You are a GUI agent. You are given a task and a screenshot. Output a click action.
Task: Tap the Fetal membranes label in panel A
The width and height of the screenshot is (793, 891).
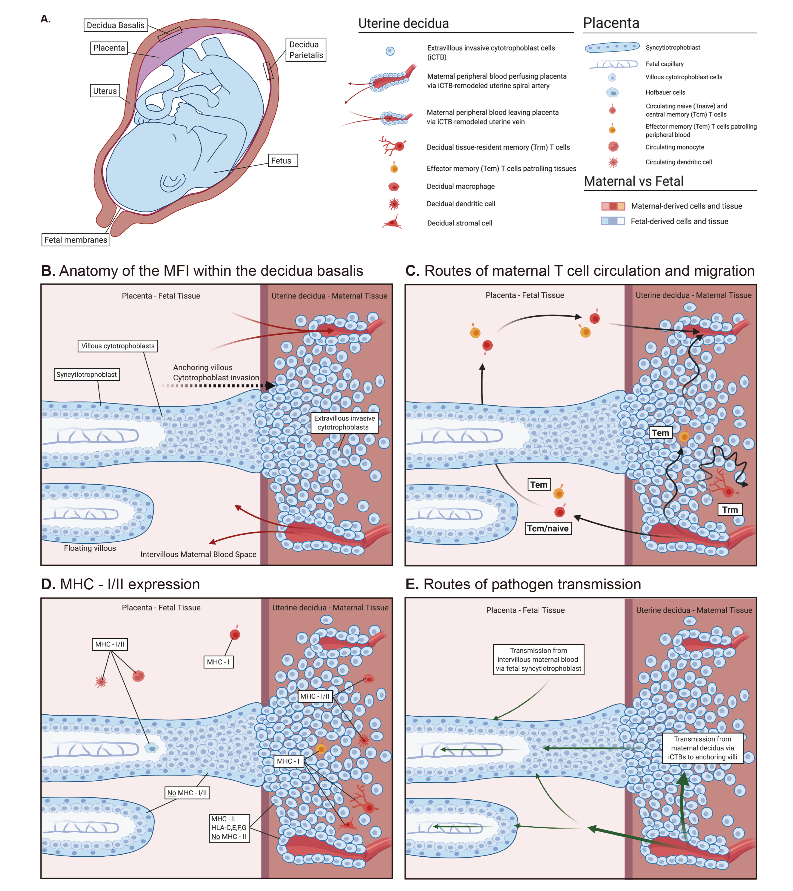[x=75, y=240]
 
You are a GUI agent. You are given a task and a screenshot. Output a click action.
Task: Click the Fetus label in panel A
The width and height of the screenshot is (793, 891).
[x=281, y=160]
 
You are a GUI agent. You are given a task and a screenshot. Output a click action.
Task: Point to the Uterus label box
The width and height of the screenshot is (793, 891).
[x=105, y=91]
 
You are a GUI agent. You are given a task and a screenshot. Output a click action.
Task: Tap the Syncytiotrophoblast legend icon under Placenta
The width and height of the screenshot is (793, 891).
[x=612, y=47]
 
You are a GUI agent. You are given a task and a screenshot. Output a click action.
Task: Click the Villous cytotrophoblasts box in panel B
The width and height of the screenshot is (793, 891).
[x=118, y=346]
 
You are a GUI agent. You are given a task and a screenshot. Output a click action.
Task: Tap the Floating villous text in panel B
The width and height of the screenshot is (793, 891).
[x=90, y=548]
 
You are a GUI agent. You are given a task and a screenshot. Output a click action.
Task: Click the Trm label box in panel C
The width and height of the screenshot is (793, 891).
[x=730, y=510]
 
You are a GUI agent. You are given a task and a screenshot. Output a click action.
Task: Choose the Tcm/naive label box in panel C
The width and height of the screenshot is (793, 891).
[x=548, y=528]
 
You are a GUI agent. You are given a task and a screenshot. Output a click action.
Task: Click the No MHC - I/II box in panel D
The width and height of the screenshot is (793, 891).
[x=187, y=793]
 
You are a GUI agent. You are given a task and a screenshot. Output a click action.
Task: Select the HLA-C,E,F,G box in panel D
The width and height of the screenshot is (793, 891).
[x=229, y=827]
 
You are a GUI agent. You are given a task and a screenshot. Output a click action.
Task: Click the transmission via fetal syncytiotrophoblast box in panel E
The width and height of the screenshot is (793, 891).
[x=538, y=659]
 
